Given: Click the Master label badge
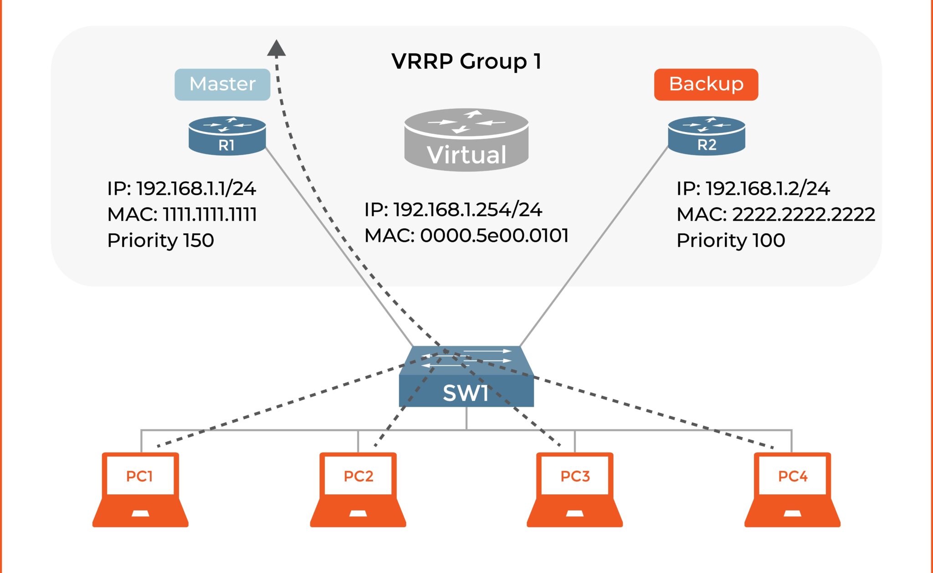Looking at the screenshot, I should [222, 84].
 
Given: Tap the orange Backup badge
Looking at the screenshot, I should [706, 84].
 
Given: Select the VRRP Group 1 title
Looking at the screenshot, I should [466, 61].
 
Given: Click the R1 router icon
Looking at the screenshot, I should [227, 136].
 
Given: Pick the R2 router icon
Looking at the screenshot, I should [706, 136].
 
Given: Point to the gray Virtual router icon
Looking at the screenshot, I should [466, 140].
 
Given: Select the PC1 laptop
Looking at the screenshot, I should [140, 489].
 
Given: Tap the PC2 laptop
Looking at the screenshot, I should [358, 489].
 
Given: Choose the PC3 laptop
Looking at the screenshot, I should [574, 489].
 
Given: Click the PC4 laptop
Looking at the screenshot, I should [792, 489].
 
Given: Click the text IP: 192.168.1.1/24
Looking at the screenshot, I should [181, 189].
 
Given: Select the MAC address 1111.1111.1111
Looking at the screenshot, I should [182, 214].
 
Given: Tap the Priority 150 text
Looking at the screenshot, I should [160, 240].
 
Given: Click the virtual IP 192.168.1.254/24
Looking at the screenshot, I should [453, 210].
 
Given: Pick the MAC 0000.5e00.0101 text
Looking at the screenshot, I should [466, 235].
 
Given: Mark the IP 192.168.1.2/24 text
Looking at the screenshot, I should [753, 189].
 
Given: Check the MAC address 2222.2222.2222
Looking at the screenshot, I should [775, 214].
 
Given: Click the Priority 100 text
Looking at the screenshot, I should [731, 240].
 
